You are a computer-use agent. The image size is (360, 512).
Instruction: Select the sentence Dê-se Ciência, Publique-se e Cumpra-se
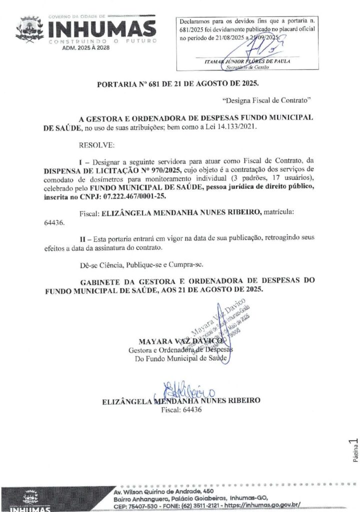pyautogui.click(x=141, y=263)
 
